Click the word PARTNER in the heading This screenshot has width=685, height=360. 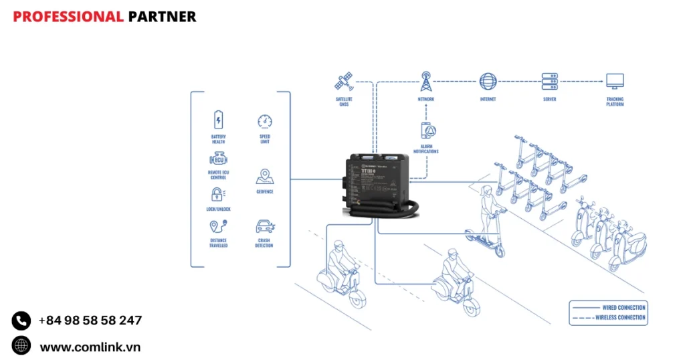[162, 17]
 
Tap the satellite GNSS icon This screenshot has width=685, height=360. [344, 82]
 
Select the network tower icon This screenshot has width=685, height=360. [426, 82]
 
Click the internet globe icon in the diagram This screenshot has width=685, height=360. [488, 82]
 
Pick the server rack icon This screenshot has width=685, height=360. [550, 82]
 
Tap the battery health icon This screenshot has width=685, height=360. [218, 120]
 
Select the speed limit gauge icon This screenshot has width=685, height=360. [265, 121]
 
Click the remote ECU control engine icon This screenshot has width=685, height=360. [218, 159]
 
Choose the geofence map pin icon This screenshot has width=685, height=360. [264, 177]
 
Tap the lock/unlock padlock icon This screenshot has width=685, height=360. [218, 195]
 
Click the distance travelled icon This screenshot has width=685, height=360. [218, 228]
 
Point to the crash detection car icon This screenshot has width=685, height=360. [264, 228]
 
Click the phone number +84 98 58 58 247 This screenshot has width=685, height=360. [90, 321]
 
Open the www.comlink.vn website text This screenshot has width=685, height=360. [90, 347]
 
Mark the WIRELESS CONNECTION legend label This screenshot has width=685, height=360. [620, 317]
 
